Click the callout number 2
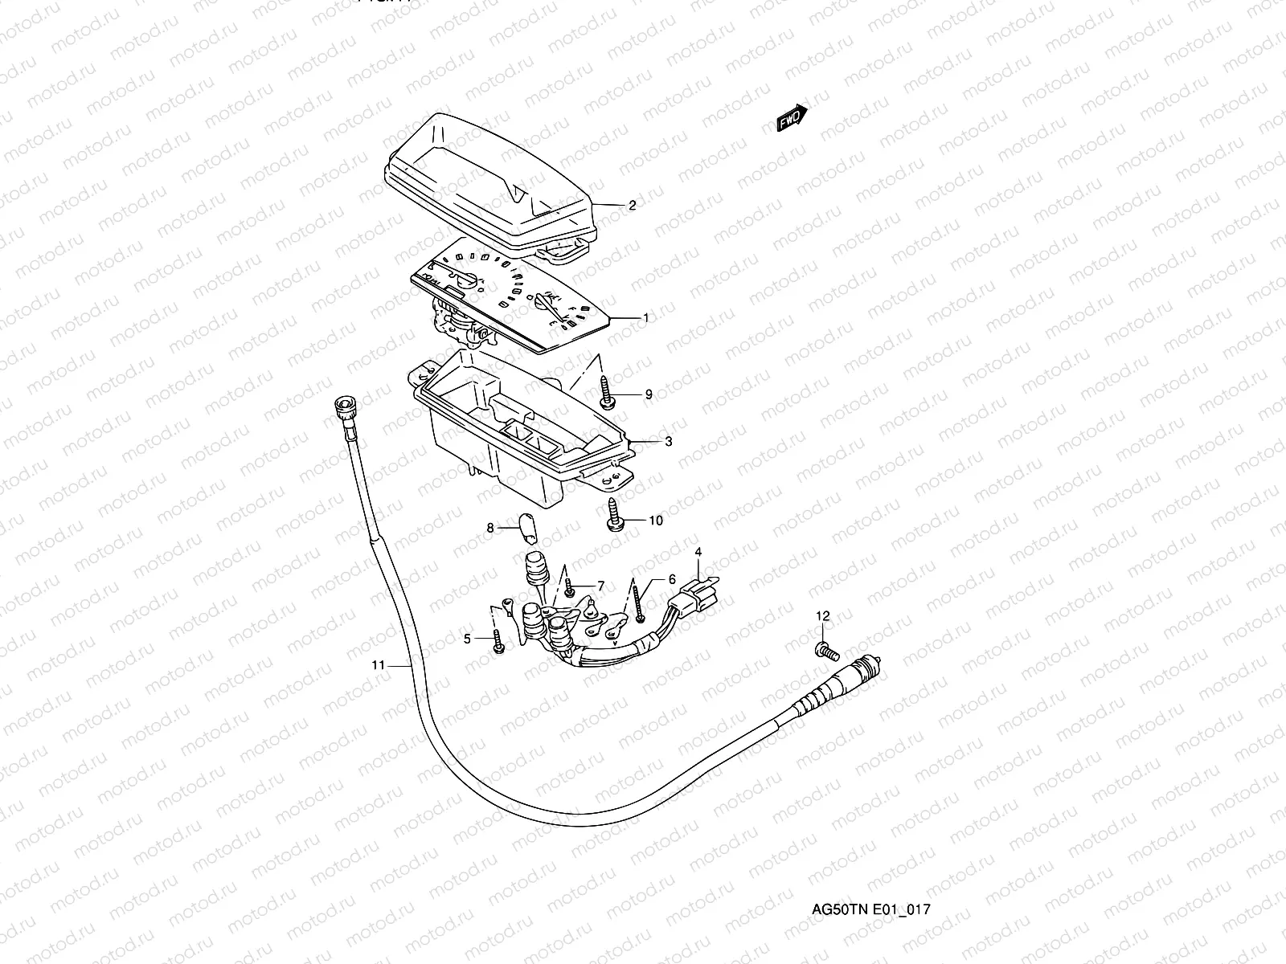click(632, 206)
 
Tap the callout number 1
click(645, 318)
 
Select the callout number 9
click(648, 394)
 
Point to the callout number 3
click(668, 441)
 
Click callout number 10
click(655, 521)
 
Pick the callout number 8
click(489, 528)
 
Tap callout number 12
click(822, 615)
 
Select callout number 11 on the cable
click(379, 665)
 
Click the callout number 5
click(466, 639)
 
